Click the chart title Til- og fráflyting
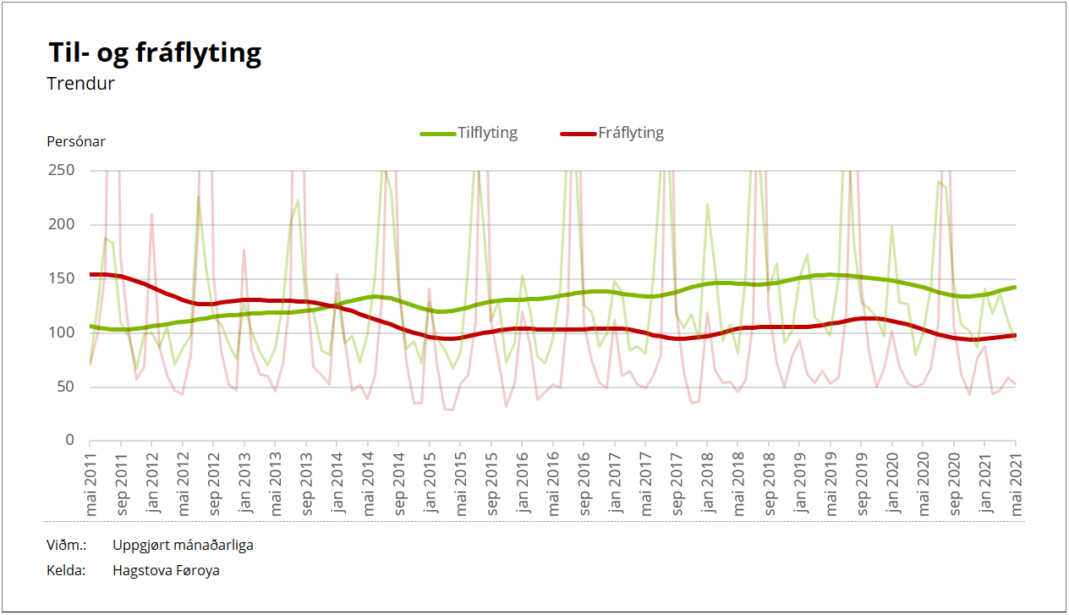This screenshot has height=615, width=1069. (x=155, y=53)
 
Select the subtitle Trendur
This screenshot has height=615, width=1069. (x=81, y=84)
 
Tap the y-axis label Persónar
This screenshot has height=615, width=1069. (x=76, y=141)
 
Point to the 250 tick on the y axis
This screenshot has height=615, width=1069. (x=64, y=170)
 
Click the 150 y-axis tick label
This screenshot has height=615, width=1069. (x=64, y=278)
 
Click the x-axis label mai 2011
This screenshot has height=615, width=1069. (x=90, y=482)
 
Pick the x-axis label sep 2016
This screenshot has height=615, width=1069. (x=584, y=482)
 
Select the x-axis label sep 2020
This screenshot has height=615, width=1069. (x=955, y=482)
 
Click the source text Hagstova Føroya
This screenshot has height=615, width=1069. (x=166, y=570)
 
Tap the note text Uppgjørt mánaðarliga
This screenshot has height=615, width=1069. (x=183, y=545)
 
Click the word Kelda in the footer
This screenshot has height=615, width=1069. (x=67, y=570)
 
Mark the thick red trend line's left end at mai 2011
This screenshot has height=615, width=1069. (x=91, y=274)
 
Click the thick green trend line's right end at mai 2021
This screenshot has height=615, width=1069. (x=1014, y=288)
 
